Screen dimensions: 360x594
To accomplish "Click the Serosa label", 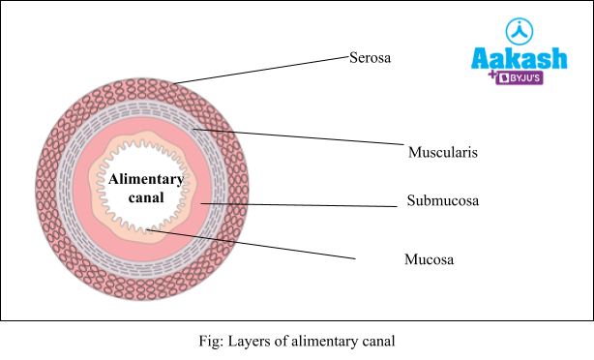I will (x=370, y=58).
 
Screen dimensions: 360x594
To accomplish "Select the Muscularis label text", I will (x=443, y=152).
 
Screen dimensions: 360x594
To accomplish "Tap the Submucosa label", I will (x=443, y=201).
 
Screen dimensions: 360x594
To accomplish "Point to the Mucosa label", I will (x=429, y=259).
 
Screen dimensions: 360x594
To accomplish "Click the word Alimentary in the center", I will (x=144, y=180).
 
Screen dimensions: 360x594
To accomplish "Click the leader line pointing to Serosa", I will (x=261, y=71).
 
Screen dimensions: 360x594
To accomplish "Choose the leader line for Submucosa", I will (x=300, y=204).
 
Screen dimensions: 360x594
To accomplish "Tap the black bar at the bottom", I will (x=297, y=340).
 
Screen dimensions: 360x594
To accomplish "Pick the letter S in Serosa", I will (x=353, y=58).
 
